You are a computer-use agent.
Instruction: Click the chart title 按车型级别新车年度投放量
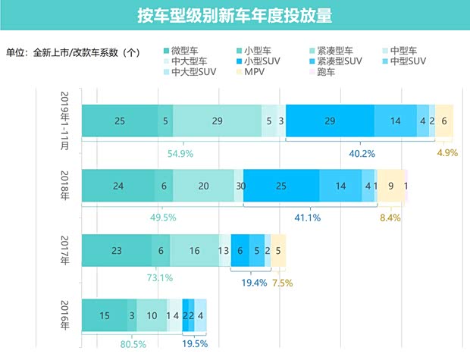[x=235, y=15]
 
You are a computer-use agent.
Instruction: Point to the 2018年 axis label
[x=66, y=185]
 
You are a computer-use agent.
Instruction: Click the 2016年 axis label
[x=66, y=315]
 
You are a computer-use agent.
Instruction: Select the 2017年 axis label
[x=66, y=250]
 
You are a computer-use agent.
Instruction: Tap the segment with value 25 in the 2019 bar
[x=119, y=121]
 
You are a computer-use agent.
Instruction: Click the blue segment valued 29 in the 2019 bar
[x=329, y=121]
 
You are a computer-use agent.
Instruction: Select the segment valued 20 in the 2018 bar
[x=203, y=186]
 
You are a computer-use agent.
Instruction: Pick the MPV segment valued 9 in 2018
[x=390, y=186]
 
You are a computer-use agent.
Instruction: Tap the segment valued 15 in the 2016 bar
[x=104, y=315]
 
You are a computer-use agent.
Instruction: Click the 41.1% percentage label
[x=307, y=218]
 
